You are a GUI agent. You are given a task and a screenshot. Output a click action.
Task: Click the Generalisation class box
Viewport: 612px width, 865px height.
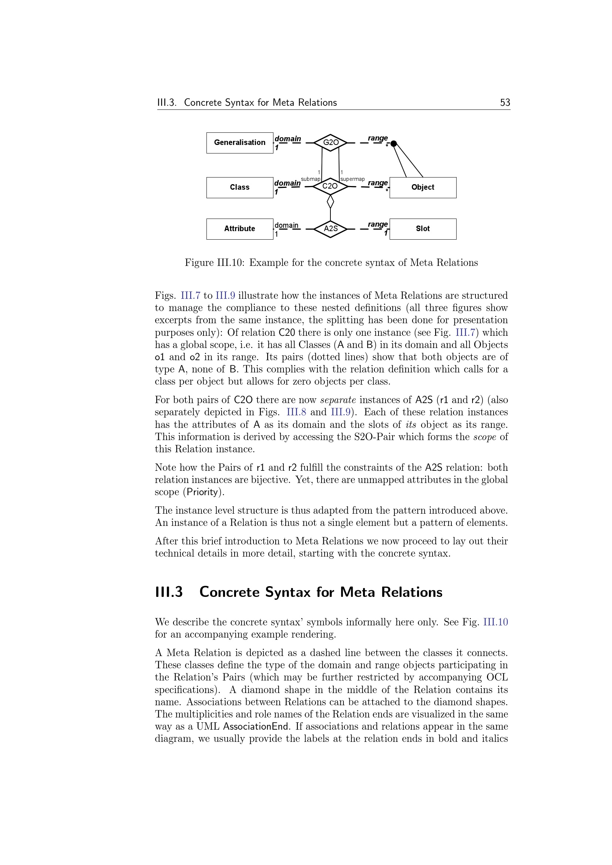(x=240, y=143)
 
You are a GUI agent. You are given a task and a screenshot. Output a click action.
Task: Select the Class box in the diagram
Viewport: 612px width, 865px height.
(x=240, y=187)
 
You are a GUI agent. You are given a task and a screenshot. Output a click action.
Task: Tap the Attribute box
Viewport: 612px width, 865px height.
(x=240, y=229)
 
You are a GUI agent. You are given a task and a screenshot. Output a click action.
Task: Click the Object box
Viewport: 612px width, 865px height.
(x=423, y=187)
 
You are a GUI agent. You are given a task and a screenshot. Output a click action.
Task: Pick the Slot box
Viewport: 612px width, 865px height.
(x=423, y=229)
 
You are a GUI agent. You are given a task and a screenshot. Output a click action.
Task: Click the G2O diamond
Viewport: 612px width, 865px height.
(x=330, y=143)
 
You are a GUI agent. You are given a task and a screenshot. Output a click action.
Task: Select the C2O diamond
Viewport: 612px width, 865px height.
(x=330, y=186)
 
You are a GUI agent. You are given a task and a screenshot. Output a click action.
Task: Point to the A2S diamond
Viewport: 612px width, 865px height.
(x=330, y=229)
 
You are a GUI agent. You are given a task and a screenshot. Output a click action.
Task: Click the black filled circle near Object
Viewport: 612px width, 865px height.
(x=393, y=143)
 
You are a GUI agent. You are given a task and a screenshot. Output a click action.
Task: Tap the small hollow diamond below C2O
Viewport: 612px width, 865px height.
(x=330, y=202)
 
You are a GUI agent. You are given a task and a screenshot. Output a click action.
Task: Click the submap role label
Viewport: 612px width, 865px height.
(x=310, y=179)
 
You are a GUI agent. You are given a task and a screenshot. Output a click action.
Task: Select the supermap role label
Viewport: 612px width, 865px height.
(x=352, y=179)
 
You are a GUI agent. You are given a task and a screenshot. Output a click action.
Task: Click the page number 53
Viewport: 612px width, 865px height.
(x=505, y=102)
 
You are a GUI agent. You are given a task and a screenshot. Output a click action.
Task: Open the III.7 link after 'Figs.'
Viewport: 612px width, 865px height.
(x=191, y=296)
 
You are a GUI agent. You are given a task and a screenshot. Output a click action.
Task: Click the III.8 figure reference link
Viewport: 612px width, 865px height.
(x=296, y=412)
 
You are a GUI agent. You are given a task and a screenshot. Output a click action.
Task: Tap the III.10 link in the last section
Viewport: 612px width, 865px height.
(x=495, y=622)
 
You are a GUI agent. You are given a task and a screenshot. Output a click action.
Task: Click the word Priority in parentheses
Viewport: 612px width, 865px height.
(x=202, y=492)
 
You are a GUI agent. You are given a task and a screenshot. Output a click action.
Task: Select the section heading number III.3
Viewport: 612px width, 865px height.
(x=169, y=592)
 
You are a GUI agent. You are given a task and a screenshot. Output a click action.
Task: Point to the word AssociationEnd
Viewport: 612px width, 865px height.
(x=256, y=726)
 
